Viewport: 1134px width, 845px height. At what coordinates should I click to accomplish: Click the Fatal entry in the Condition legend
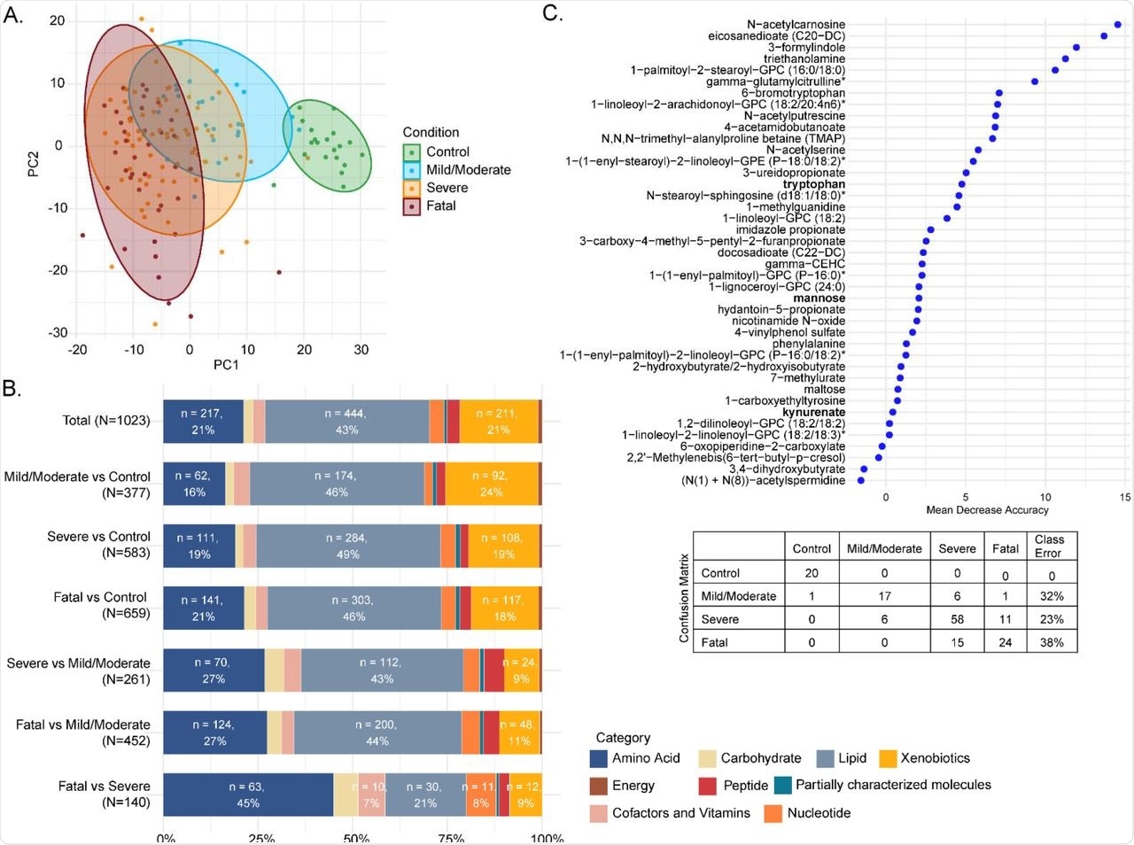pyautogui.click(x=440, y=206)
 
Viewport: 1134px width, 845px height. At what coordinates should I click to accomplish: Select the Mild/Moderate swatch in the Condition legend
pyautogui.click(x=411, y=170)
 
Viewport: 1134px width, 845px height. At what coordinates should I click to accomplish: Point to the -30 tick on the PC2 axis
pyautogui.click(x=57, y=333)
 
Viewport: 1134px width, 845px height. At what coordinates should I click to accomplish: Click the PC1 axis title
pyautogui.click(x=225, y=364)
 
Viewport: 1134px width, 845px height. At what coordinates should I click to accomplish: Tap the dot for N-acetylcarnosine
pyautogui.click(x=1118, y=25)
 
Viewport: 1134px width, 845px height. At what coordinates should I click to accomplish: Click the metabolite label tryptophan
pyautogui.click(x=813, y=184)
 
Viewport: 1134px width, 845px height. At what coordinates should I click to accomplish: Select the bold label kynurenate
pyautogui.click(x=813, y=412)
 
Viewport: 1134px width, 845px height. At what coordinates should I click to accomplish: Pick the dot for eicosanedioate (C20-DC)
pyautogui.click(x=1104, y=36)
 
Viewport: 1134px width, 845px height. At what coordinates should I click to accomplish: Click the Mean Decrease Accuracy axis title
pyautogui.click(x=987, y=510)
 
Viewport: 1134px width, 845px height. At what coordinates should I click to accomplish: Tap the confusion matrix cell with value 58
pyautogui.click(x=957, y=619)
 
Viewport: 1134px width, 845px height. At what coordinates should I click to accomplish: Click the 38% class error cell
pyautogui.click(x=1051, y=642)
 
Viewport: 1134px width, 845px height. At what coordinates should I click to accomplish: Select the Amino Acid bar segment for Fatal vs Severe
pyautogui.click(x=248, y=795)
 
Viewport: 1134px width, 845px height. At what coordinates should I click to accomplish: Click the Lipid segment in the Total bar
pyautogui.click(x=346, y=421)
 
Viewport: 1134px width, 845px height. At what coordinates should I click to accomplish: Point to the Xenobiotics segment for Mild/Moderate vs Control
pyautogui.click(x=491, y=484)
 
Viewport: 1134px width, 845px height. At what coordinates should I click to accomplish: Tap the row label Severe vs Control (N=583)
pyautogui.click(x=98, y=545)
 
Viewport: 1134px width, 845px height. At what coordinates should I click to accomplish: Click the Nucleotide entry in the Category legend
pyautogui.click(x=819, y=813)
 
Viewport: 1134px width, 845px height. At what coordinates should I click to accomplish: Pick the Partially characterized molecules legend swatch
pyautogui.click(x=782, y=785)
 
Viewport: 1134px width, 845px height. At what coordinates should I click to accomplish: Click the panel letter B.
pyautogui.click(x=12, y=388)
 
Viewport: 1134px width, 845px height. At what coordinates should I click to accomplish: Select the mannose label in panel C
pyautogui.click(x=819, y=298)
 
